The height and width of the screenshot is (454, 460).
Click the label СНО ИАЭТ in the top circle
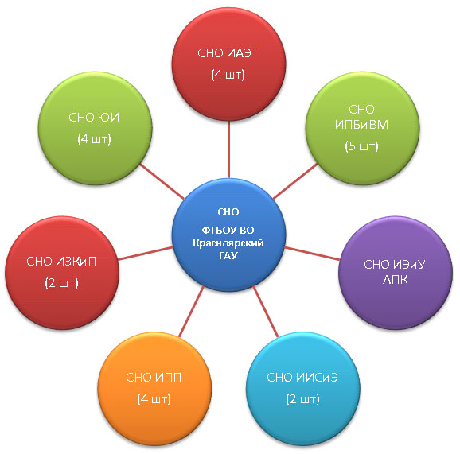pos(228,53)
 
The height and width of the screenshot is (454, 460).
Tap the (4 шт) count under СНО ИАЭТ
pos(228,75)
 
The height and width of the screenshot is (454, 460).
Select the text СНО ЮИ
pos(94,118)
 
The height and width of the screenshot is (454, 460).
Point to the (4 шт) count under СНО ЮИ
pos(94,139)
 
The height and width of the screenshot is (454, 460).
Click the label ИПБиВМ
pos(361,125)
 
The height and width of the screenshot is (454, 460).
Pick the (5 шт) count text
pos(362,146)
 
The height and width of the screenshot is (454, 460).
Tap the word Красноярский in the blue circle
pos(228,243)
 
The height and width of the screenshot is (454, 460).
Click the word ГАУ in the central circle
pos(228,255)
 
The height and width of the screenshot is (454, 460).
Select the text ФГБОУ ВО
pos(228,231)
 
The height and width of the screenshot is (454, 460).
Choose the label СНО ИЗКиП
pos(61,262)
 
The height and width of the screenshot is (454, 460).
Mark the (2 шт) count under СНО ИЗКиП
pos(61,283)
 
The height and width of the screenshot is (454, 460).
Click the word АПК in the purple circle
pos(396,280)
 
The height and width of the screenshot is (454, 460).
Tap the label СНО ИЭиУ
pos(395,264)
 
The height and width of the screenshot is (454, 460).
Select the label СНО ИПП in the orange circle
pos(154,378)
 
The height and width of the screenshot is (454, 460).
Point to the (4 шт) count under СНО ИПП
pos(154,399)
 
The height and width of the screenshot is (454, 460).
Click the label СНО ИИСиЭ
pos(302,378)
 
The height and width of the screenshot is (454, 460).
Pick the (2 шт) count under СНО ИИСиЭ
pos(302,399)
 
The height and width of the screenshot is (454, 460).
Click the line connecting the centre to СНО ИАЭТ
pos(228,149)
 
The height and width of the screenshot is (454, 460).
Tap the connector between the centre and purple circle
pos(312,254)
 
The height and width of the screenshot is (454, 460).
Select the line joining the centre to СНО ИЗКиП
pos(145,254)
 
